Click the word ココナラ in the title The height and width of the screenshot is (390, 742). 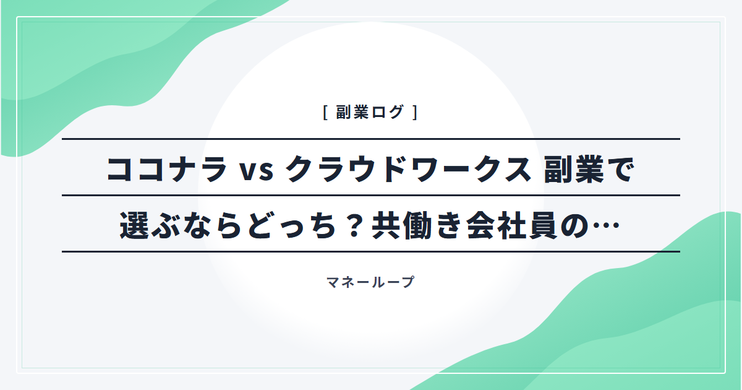[x=166, y=169]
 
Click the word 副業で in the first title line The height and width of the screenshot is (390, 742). [x=589, y=169]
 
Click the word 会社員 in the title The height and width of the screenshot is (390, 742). [x=512, y=225]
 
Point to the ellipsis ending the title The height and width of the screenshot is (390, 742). [x=606, y=225]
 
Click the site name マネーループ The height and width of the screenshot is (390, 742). [x=370, y=282]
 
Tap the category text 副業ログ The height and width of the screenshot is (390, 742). [x=370, y=112]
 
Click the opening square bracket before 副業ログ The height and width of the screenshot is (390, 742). [x=326, y=112]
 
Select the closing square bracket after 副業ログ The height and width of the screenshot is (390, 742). [x=415, y=112]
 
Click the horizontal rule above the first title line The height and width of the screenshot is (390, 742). [x=371, y=139]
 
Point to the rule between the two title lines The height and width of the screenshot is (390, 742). [x=371, y=196]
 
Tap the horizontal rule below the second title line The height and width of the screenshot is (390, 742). [x=371, y=252]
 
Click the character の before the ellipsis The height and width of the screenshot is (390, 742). [x=574, y=226]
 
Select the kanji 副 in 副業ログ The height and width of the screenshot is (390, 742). [x=344, y=112]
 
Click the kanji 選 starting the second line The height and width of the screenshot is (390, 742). [x=134, y=225]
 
